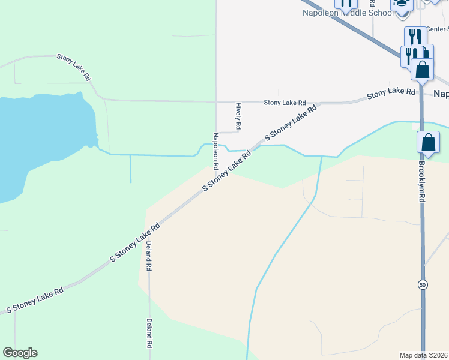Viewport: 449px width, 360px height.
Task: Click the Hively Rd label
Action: [x=238, y=115]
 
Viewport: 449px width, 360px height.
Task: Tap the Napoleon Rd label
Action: [x=215, y=150]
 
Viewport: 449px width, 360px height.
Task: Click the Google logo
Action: [x=20, y=353]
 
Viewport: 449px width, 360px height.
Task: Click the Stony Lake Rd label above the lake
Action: [x=73, y=67]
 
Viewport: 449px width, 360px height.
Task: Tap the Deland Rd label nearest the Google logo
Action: [x=149, y=334]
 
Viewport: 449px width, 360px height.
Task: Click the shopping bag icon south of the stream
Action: [x=428, y=143]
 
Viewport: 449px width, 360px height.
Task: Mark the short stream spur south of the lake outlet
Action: [x=130, y=169]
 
